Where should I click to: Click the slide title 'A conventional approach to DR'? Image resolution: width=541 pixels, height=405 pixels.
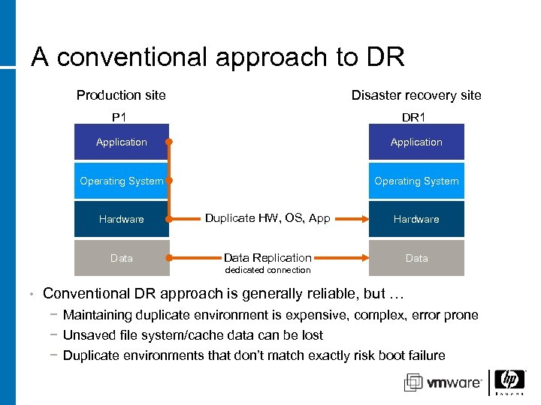pos(217,57)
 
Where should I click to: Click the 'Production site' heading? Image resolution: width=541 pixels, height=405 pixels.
pos(121,95)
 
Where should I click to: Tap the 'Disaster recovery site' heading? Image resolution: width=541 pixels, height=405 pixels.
pos(416,95)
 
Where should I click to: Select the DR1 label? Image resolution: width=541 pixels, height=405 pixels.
pos(414,117)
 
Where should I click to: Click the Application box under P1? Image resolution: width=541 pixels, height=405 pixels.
pos(121,142)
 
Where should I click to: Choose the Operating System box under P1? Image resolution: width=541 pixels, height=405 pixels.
pos(121,181)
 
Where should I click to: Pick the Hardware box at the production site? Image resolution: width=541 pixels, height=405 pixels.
pos(121,219)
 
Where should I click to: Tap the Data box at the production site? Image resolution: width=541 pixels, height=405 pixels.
pos(121,258)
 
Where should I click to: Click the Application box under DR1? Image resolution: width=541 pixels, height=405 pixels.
pos(416,142)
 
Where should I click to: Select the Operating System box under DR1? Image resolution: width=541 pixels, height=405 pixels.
pos(416,181)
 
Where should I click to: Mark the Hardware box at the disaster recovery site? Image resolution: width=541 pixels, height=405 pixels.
pos(416,219)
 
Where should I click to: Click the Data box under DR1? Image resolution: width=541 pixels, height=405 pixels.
pos(416,258)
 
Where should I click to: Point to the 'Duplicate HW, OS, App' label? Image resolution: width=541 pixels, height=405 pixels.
pos(267,218)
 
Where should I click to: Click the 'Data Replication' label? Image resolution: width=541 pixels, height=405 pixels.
pos(267,257)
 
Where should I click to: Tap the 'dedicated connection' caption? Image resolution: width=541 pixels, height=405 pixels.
pos(268,270)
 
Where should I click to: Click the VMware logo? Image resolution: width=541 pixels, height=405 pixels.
pos(443,382)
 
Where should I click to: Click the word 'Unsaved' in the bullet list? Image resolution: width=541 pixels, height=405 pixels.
pos(86,335)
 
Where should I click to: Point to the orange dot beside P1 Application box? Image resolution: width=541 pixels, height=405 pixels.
pos(170,142)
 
